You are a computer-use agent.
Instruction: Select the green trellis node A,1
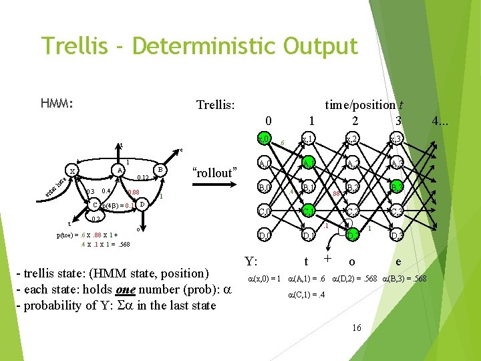(x=308, y=164)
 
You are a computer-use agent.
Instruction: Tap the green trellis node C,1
(x=308, y=212)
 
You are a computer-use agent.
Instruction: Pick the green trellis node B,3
(x=397, y=188)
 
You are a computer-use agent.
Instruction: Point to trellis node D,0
(x=265, y=235)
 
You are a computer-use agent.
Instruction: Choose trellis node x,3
(x=397, y=140)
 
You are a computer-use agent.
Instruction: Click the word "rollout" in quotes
(x=214, y=172)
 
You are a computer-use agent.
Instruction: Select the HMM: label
(x=57, y=104)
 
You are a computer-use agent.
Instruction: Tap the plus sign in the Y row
(x=327, y=259)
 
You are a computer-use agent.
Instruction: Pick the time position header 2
(x=355, y=121)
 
